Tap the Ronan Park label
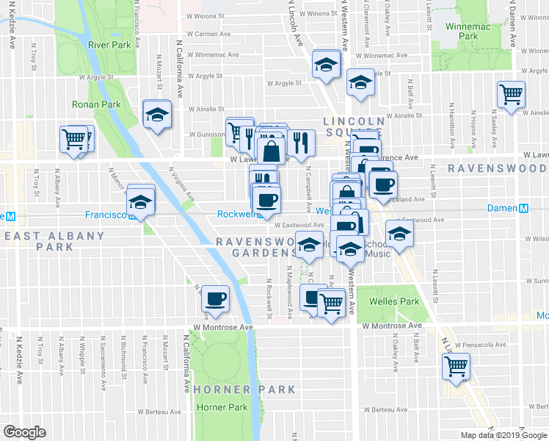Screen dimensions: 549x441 pyautogui.click(x=96, y=104)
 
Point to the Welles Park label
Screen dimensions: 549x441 pyautogui.click(x=400, y=301)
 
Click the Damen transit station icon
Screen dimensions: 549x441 pyautogui.click(x=523, y=209)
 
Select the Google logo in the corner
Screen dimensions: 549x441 pyautogui.click(x=24, y=432)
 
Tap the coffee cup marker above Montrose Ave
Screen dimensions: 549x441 pyautogui.click(x=215, y=298)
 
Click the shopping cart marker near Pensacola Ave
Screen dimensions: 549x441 pyautogui.click(x=457, y=365)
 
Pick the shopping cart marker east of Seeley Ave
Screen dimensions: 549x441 pyautogui.click(x=511, y=94)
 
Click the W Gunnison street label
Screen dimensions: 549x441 pyautogui.click(x=205, y=135)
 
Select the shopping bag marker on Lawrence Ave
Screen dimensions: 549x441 pyautogui.click(x=271, y=151)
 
